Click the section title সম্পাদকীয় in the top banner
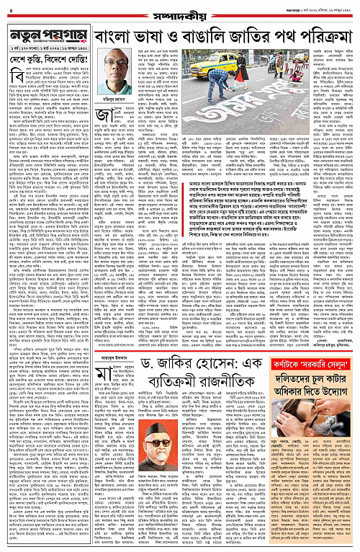pyautogui.click(x=179, y=6)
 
